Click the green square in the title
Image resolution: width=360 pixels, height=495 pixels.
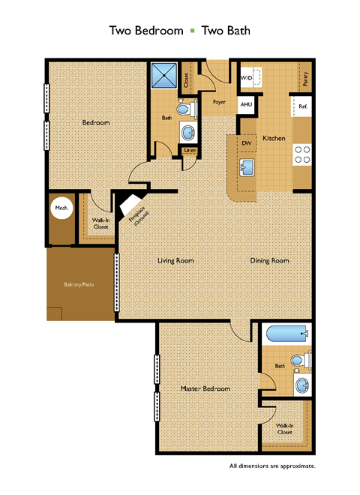pyautogui.click(x=191, y=31)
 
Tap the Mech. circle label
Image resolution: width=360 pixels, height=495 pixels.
pyautogui.click(x=61, y=208)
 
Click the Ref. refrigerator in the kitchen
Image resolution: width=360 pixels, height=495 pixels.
pyautogui.click(x=303, y=107)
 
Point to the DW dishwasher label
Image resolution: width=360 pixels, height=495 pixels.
pyautogui.click(x=245, y=142)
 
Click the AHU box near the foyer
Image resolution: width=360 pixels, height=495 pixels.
pyautogui.click(x=246, y=106)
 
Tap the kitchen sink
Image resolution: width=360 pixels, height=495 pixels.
pyautogui.click(x=245, y=166)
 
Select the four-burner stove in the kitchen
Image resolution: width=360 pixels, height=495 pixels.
pyautogui.click(x=302, y=154)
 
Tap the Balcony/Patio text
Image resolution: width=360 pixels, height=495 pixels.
pyautogui.click(x=79, y=285)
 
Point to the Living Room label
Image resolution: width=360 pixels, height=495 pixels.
pyautogui.click(x=176, y=261)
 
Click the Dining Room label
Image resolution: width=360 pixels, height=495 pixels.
pyautogui.click(x=270, y=261)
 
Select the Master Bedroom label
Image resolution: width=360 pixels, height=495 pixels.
pyautogui.click(x=205, y=388)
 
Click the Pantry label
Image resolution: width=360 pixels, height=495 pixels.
pyautogui.click(x=305, y=79)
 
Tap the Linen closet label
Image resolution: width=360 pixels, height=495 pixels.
pyautogui.click(x=191, y=151)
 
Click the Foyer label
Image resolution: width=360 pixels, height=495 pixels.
pyautogui.click(x=220, y=100)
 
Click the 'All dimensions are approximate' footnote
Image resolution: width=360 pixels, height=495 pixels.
pyautogui.click(x=272, y=466)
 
